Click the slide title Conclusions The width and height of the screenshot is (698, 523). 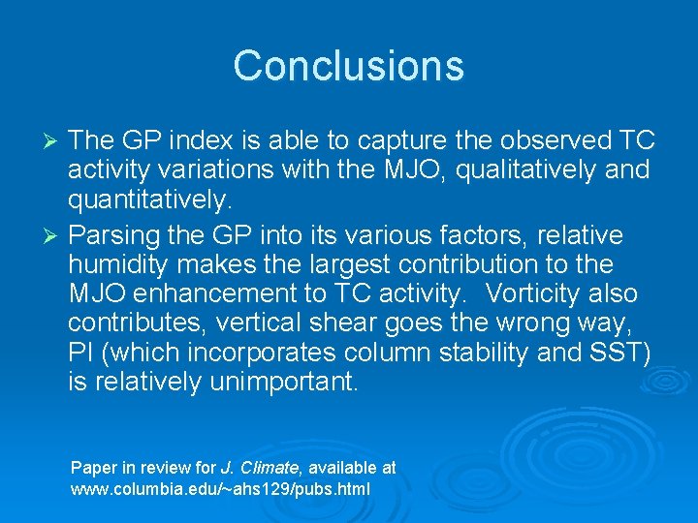point(349,66)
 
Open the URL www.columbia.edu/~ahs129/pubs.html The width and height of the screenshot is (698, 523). point(220,489)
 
